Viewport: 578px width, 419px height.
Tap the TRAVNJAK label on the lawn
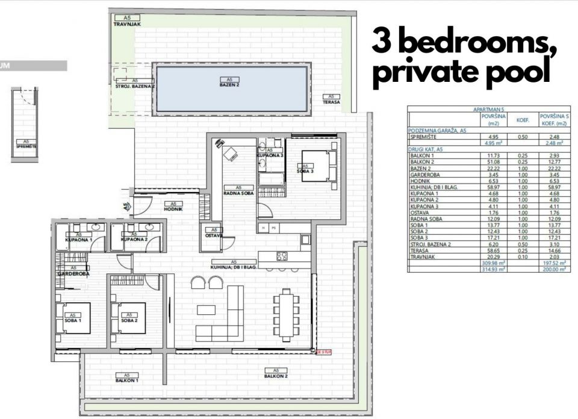[127, 25]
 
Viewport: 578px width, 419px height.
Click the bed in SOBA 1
[73, 317]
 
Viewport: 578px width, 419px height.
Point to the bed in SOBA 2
[126, 317]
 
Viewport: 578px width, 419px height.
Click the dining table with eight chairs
[285, 309]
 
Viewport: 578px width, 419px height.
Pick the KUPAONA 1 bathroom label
[78, 240]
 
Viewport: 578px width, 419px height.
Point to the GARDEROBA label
[73, 273]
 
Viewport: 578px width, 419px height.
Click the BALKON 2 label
[276, 376]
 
